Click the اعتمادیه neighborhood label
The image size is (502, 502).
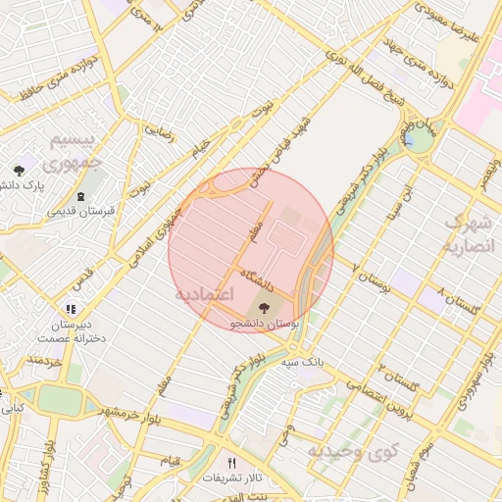[205, 294]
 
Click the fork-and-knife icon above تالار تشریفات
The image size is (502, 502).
[232, 463]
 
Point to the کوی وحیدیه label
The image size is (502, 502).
[355, 452]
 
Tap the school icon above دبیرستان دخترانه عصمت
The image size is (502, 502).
[68, 307]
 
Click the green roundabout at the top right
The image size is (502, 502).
[418, 139]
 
